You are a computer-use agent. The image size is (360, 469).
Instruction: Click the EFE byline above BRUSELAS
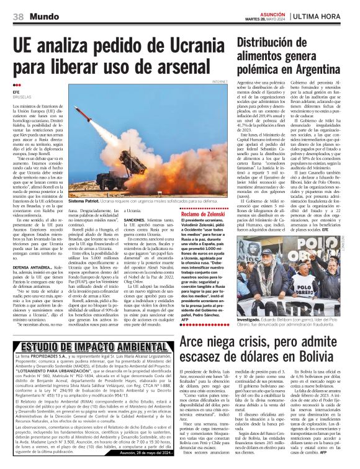17,94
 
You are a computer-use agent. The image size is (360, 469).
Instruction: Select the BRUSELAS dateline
22,98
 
